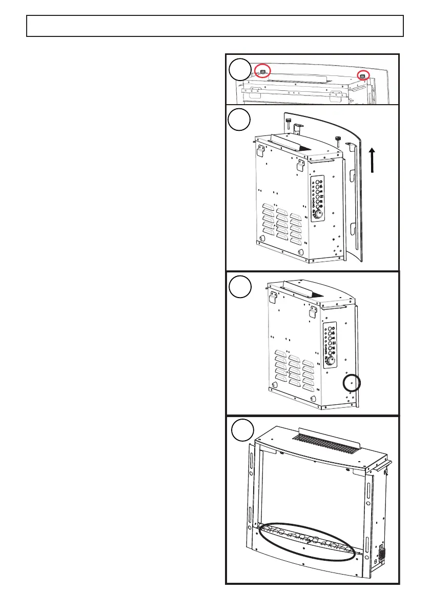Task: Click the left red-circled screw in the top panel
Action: pyautogui.click(x=263, y=72)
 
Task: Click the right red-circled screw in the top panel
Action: pyautogui.click(x=362, y=75)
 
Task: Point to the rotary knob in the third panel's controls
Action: pyautogui.click(x=332, y=360)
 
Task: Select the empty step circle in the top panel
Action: pyautogui.click(x=240, y=69)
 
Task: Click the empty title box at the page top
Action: pyautogui.click(x=215, y=26)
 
